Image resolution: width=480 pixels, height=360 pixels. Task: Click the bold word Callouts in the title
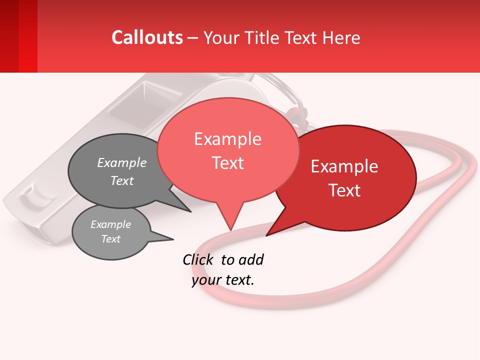pos(147,37)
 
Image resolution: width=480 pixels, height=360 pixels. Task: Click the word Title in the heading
pos(261,37)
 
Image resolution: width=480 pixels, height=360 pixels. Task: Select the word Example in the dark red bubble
pos(344,166)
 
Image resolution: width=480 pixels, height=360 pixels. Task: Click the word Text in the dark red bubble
pos(344,190)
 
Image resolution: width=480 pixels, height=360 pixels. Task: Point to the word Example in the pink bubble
pos(227,139)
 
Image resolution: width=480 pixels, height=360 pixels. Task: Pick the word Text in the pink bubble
pos(227,163)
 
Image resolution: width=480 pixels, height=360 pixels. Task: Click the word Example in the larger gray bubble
pos(122,163)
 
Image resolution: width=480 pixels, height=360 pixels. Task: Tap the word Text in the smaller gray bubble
pos(111,239)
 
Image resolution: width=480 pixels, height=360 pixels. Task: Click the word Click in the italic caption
pos(197,259)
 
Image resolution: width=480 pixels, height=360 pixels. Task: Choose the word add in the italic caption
pos(251,259)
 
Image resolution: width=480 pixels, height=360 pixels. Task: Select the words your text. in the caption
pos(223,279)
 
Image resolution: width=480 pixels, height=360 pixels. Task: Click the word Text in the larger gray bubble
pos(122,181)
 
